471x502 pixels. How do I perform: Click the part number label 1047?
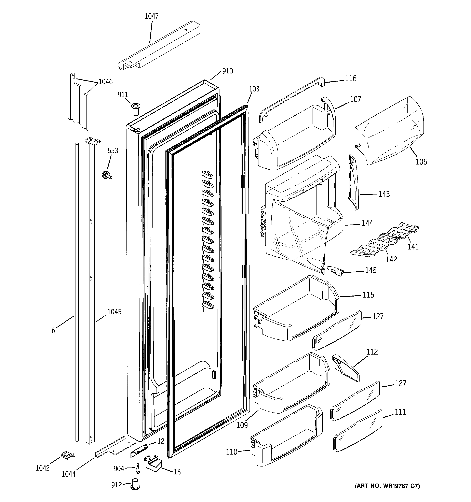pos(151,16)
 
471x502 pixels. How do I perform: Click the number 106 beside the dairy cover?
pos(421,162)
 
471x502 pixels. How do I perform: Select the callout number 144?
pos(367,223)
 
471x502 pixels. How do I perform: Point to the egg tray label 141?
pos(413,247)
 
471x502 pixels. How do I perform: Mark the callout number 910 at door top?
pos(227,71)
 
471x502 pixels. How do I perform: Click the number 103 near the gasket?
pos(254,89)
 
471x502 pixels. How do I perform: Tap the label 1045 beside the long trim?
pos(114,312)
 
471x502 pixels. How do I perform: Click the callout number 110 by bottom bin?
pos(232,452)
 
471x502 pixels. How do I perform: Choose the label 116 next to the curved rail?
pos(351,78)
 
